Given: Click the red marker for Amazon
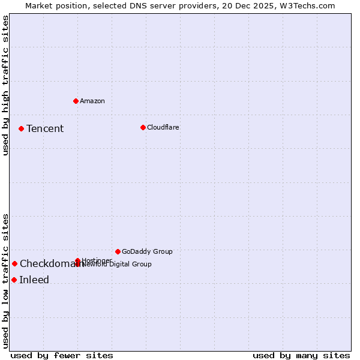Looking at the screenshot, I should [x=76, y=101].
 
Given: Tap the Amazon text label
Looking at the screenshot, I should [x=92, y=101].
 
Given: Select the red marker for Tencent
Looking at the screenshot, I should [x=21, y=128].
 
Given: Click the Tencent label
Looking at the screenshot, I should [x=45, y=128].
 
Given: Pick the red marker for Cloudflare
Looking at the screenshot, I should [x=143, y=127].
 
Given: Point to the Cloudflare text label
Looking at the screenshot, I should [x=163, y=127].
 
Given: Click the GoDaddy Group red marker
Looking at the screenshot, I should [x=118, y=251].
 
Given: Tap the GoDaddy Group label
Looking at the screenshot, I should [x=147, y=251].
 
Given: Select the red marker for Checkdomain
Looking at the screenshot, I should [x=14, y=263].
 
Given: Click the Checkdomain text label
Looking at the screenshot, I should [x=51, y=263].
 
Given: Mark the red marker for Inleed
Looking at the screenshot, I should [x=14, y=280].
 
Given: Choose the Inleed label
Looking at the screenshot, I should [x=34, y=280].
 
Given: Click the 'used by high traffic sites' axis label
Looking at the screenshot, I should [x=5, y=85].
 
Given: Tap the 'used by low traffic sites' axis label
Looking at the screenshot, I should [x=5, y=280].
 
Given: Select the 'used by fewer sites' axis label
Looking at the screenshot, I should [x=62, y=355].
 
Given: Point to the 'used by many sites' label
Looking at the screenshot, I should [x=301, y=355].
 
